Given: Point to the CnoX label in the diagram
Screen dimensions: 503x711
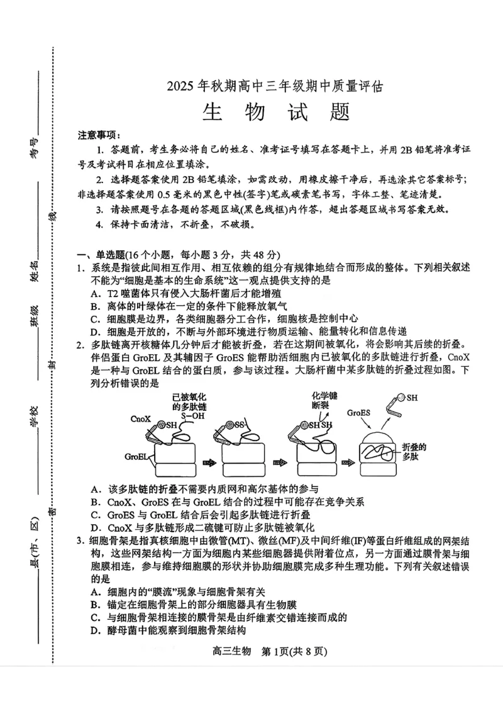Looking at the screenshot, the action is [x=140, y=418].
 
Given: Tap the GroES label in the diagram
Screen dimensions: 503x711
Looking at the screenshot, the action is [x=360, y=413].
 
